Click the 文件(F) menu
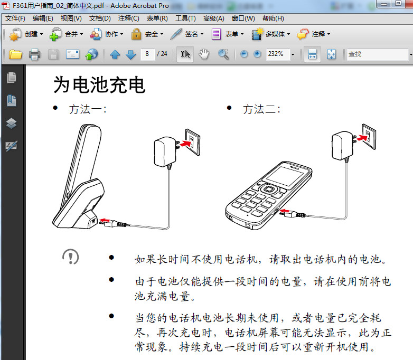tap(15, 18)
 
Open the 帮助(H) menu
tap(273, 18)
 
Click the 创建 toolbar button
tap(26, 34)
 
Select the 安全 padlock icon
tap(136, 34)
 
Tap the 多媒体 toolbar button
tap(271, 34)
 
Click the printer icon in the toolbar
tap(34, 54)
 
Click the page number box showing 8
tap(147, 54)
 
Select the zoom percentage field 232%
tap(278, 54)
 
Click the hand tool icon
tap(204, 54)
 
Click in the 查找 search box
tap(377, 54)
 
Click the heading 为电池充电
tap(99, 85)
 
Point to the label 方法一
tap(88, 109)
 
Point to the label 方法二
tap(261, 109)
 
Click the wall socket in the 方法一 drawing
tap(193, 142)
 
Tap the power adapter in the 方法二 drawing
tap(342, 146)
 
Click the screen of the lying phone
tap(285, 176)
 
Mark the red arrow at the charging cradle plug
tap(105, 220)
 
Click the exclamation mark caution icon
tap(71, 257)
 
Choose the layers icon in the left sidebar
tap(11, 123)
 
